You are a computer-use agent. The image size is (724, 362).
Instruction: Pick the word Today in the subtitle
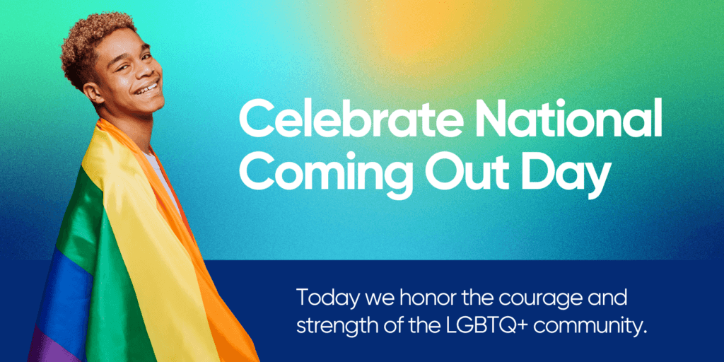[x=322, y=297]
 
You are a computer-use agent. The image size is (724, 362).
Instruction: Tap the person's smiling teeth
[x=148, y=89]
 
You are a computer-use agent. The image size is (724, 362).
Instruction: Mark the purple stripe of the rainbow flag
[x=42, y=346]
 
